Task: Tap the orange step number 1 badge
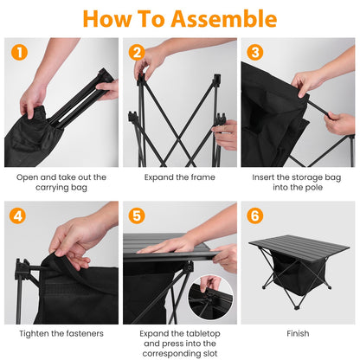tap(19, 53)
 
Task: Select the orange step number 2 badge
tap(136, 53)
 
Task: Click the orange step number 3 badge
tap(254, 53)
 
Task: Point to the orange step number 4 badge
tap(19, 215)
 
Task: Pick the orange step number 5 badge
tap(136, 215)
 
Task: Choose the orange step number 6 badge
tap(254, 215)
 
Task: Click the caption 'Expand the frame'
tap(179, 177)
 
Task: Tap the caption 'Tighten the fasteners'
tap(61, 332)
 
